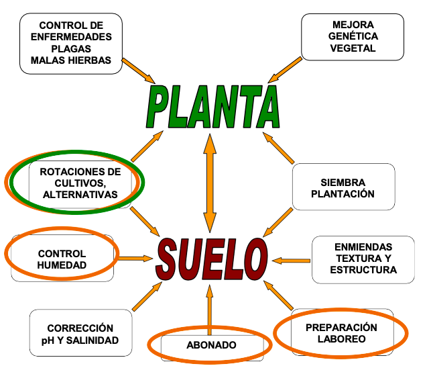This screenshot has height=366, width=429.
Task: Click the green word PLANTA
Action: [212, 106]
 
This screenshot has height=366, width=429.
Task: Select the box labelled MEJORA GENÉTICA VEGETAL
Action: [353, 36]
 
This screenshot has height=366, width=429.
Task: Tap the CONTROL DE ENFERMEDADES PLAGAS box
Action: [70, 42]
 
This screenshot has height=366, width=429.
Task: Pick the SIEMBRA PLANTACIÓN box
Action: [343, 188]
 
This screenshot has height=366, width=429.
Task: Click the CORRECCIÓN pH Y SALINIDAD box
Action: [81, 334]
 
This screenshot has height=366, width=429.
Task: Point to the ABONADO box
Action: [211, 346]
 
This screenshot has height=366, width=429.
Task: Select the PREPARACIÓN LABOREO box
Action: [341, 333]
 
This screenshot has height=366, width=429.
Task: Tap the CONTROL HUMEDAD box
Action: [62, 259]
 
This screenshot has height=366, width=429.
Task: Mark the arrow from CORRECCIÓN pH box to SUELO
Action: [147, 296]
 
